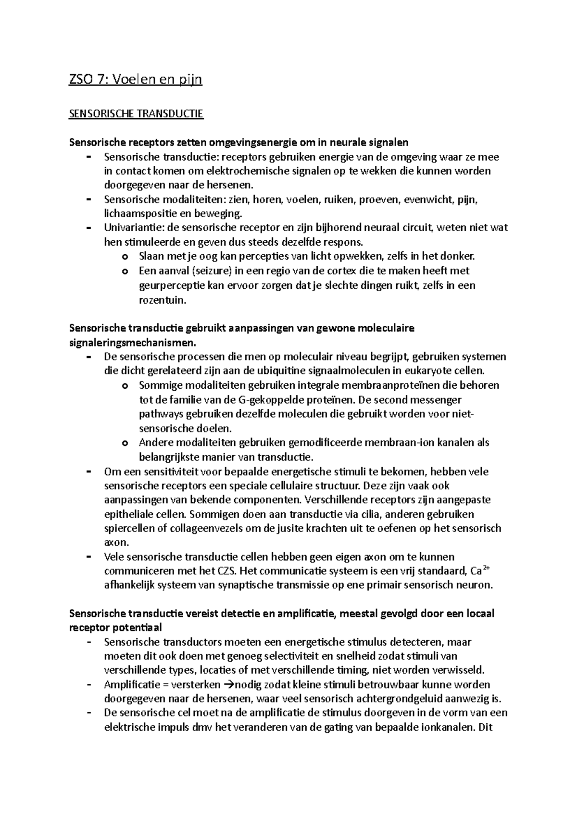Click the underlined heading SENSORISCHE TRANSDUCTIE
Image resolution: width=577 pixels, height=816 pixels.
[x=137, y=114]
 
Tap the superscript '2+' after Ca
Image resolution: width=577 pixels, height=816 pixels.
[x=486, y=568]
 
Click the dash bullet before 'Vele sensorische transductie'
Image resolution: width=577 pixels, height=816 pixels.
[x=88, y=557]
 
